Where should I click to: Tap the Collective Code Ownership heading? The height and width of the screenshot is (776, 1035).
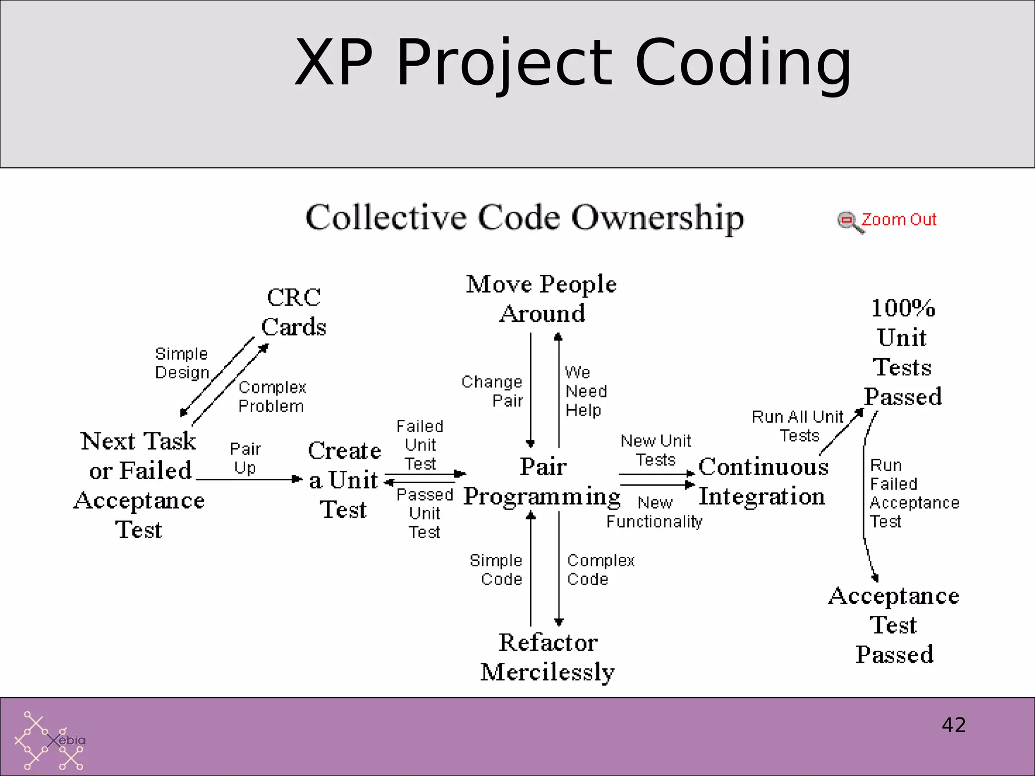pyautogui.click(x=525, y=218)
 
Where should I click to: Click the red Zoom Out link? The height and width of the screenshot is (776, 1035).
pyautogui.click(x=899, y=220)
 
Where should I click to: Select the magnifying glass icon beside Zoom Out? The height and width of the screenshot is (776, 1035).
pyautogui.click(x=849, y=222)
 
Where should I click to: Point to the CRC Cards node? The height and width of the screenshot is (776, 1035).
pyautogui.click(x=294, y=312)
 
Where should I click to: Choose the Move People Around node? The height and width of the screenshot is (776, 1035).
pyautogui.click(x=541, y=299)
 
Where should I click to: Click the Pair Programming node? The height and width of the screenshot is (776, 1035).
pyautogui.click(x=542, y=481)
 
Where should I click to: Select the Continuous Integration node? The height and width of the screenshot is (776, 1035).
pyautogui.click(x=763, y=481)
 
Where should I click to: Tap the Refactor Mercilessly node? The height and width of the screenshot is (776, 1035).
pyautogui.click(x=547, y=657)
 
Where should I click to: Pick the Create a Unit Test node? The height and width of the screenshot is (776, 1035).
pyautogui.click(x=344, y=480)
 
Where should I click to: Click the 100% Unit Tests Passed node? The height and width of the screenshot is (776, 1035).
pyautogui.click(x=903, y=352)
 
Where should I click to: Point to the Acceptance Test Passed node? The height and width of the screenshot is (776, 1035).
pyautogui.click(x=894, y=625)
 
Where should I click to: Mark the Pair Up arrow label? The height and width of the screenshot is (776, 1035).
pyautogui.click(x=245, y=458)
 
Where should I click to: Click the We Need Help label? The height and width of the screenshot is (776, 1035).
pyautogui.click(x=585, y=391)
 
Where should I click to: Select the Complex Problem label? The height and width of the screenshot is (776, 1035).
pyautogui.click(x=272, y=397)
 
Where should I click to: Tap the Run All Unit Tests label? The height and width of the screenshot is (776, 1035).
pyautogui.click(x=798, y=426)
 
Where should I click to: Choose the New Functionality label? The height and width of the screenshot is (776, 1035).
pyautogui.click(x=654, y=512)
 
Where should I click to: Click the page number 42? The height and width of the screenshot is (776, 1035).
pyautogui.click(x=954, y=725)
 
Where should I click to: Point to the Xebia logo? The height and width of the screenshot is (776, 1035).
pyautogui.click(x=50, y=741)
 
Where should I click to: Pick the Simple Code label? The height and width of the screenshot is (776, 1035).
pyautogui.click(x=496, y=569)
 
